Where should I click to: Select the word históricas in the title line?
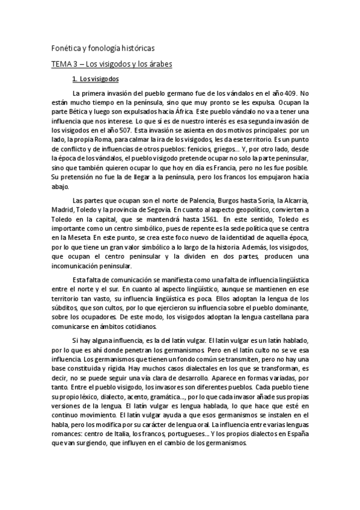click(138, 48)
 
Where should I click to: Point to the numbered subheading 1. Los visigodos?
click(96, 79)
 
